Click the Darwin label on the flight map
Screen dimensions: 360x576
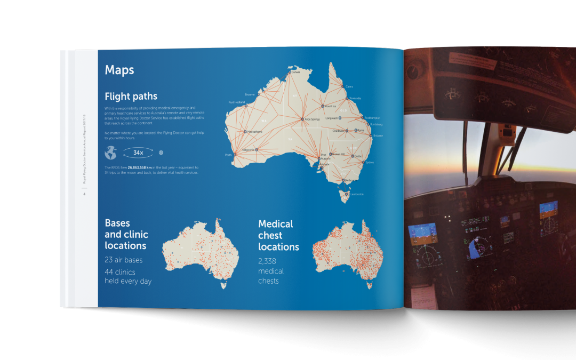coord(295,72)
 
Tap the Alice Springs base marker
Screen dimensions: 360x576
coord(302,119)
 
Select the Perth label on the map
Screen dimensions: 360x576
coord(229,155)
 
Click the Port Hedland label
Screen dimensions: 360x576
coord(236,102)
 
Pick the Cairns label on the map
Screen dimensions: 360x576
coord(349,86)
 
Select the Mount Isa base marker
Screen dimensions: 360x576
coord(322,107)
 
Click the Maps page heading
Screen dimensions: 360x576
coord(119,70)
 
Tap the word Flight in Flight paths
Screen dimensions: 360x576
coord(117,97)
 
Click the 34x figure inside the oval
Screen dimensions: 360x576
coord(139,153)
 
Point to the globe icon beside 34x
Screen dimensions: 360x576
coord(110,153)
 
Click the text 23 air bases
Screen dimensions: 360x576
coord(124,260)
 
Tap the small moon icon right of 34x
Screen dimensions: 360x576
coord(161,153)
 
